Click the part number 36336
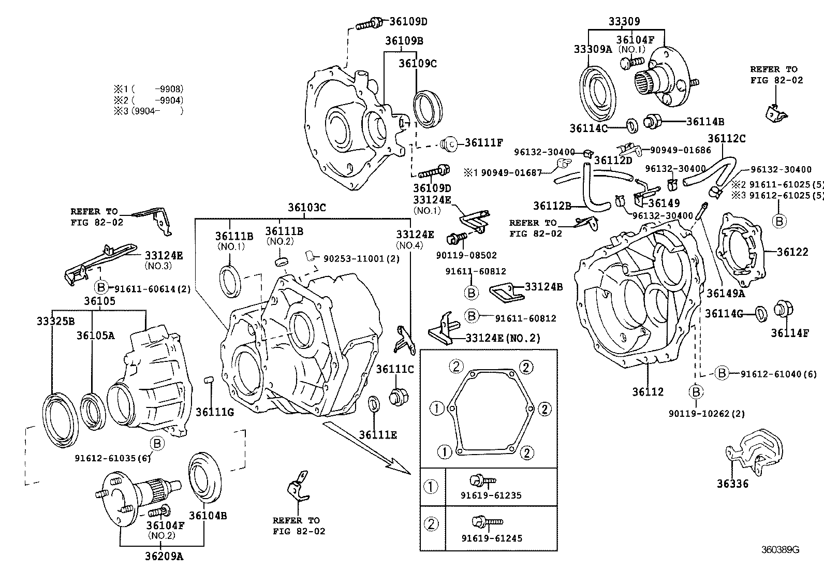coord(732,484)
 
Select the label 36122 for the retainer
coord(792,252)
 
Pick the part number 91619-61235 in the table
coord(491,495)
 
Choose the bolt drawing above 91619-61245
coord(487,521)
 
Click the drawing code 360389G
coord(780,550)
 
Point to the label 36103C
coord(307,207)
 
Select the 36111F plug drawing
coord(449,143)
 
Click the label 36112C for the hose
coord(727,138)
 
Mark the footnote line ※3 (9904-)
coord(149,110)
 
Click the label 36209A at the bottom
coord(164,557)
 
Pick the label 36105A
coord(95,335)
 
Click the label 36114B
coord(705,122)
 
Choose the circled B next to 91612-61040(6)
coord(722,373)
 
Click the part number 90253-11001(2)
coord(361,258)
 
